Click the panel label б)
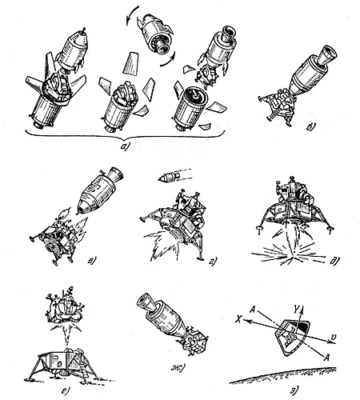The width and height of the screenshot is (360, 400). coord(310,127)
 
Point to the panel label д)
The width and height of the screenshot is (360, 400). coord(334,261)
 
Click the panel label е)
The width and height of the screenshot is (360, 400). coord(64,391)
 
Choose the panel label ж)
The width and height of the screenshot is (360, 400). coord(178,369)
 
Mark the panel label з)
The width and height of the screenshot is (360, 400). coord(293,391)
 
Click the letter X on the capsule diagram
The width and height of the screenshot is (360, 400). coord(238,319)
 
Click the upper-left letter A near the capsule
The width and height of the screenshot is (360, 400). coord(253,310)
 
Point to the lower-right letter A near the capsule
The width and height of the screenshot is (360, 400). coord(326,358)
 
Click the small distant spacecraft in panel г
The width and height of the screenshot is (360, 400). coord(169,177)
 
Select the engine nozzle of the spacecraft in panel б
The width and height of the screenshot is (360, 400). coord(327,55)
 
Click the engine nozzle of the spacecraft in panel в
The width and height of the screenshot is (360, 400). coord(115,174)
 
